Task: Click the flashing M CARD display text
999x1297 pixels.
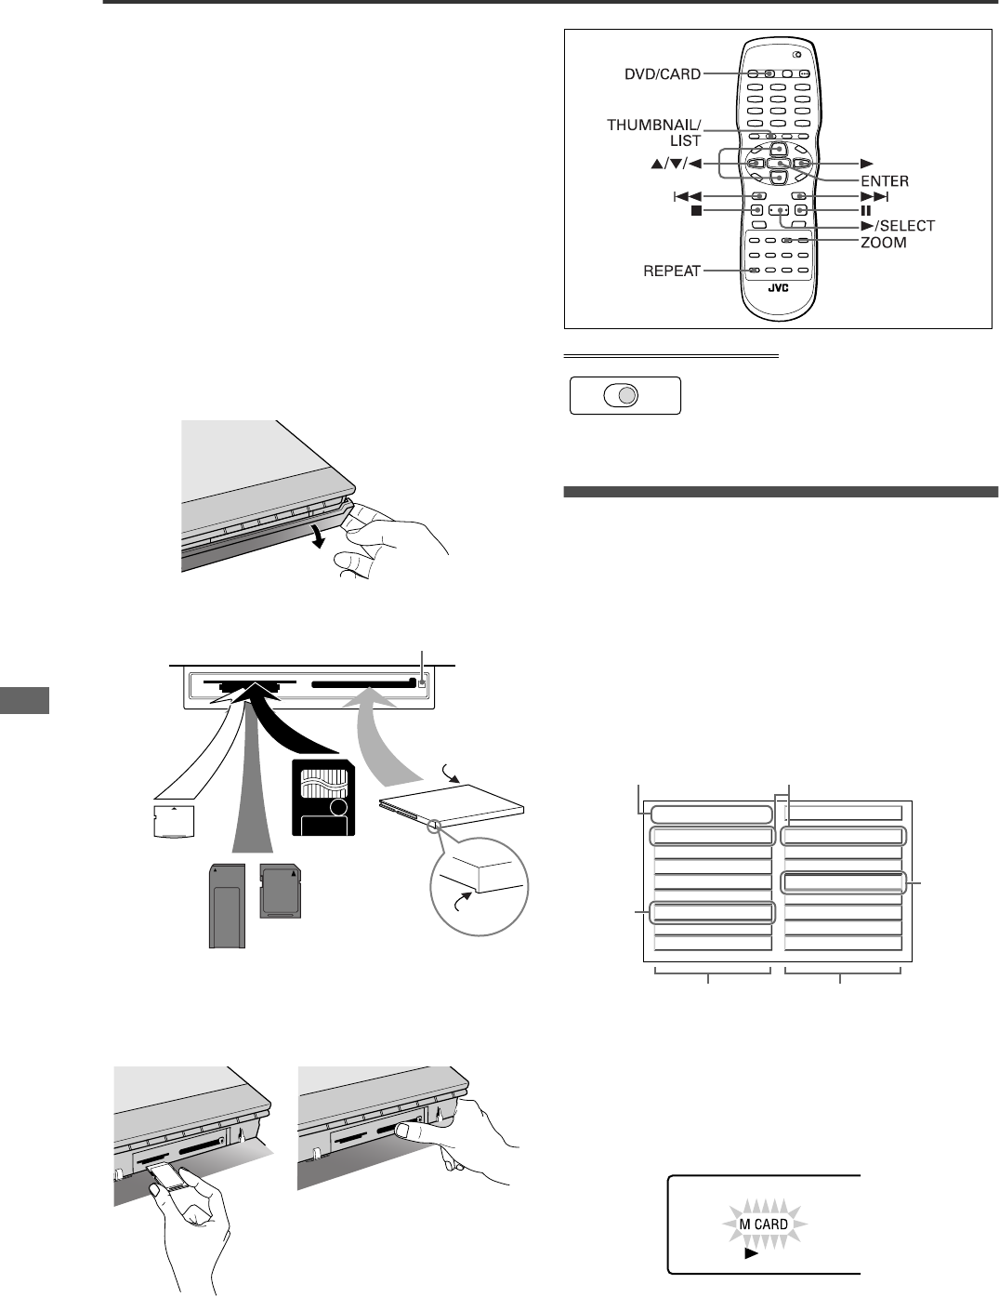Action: tap(764, 1224)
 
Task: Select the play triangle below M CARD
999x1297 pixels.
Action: tap(751, 1252)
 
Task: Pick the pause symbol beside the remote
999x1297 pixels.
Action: tap(865, 210)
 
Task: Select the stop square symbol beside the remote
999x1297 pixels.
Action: tap(683, 210)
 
